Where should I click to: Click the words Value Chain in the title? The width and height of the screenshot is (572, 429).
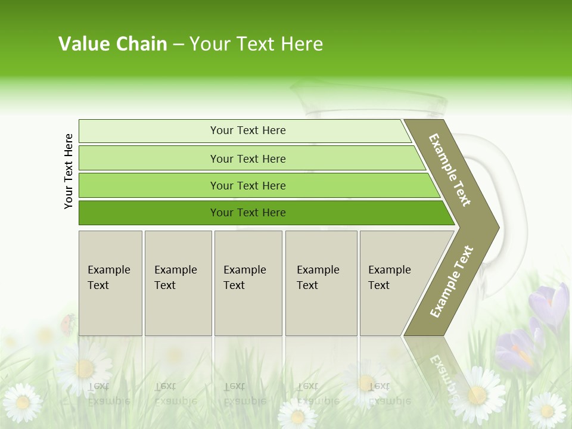tap(113, 43)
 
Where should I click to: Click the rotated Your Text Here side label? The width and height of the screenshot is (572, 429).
tap(69, 171)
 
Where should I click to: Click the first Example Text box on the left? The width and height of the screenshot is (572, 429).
tap(110, 283)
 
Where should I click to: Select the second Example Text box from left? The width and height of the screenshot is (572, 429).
tap(178, 283)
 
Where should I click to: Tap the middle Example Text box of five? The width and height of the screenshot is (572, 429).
tap(247, 283)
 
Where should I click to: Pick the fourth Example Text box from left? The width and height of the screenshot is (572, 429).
tap(321, 283)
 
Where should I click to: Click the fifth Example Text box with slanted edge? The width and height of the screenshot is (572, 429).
tap(393, 283)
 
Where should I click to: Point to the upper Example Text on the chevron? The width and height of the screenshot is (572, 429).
tap(450, 169)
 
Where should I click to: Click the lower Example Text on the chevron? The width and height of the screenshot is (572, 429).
tap(452, 281)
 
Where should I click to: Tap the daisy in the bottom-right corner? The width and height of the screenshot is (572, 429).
tap(546, 410)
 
